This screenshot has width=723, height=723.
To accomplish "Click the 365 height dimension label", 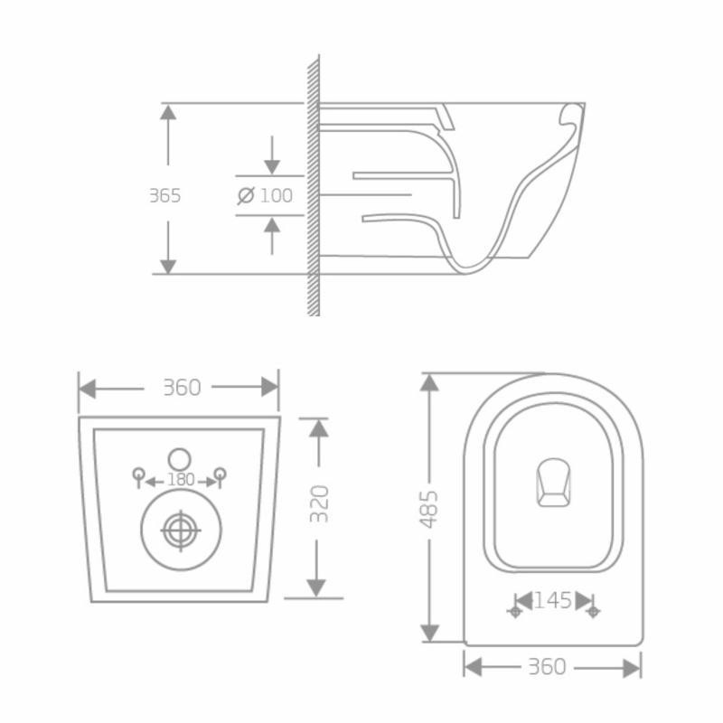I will tap(165, 195).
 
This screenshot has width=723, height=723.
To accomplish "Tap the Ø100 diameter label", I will tap(266, 195).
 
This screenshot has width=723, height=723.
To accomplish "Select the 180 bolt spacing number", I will tap(181, 480).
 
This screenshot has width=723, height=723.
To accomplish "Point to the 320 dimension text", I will tap(319, 503).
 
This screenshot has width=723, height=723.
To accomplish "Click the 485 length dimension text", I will tap(430, 511).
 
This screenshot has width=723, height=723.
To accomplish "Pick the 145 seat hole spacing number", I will tap(552, 600).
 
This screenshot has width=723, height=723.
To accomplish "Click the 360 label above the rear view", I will tap(181, 387).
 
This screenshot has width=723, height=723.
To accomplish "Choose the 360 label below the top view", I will tap(547, 667).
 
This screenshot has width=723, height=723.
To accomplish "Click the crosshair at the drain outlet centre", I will tap(181, 530).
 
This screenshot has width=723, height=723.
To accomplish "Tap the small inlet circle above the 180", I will tap(181, 457).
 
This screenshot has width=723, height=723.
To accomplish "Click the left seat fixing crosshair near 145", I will tap(515, 612).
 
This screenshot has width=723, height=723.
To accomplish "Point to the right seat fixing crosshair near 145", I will tap(593, 612).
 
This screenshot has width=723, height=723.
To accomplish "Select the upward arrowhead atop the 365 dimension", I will tap(168, 113).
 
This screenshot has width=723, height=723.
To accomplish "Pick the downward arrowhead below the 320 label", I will tap(315, 587).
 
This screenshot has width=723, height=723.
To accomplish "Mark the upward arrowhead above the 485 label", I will tap(430, 382).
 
